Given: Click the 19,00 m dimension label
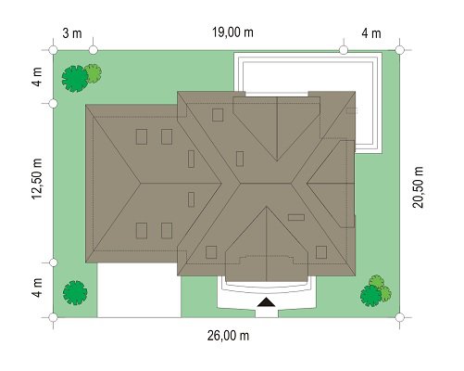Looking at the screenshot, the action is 232,32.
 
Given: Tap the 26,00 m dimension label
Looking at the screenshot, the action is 228,336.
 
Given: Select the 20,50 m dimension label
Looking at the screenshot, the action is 419,187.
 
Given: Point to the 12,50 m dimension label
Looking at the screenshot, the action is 37,179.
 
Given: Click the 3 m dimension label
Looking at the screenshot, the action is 72,33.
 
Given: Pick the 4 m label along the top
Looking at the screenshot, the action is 371,33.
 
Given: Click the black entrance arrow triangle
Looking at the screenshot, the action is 266,302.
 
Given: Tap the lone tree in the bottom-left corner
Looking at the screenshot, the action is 75,292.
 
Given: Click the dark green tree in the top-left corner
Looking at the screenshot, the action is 74,79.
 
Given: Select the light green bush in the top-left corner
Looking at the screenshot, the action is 94,73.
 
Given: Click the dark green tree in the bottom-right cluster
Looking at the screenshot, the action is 370,296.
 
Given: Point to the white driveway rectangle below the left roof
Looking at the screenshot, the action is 139,290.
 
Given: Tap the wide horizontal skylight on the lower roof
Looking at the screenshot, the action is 296,217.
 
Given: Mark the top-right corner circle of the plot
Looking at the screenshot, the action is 399,50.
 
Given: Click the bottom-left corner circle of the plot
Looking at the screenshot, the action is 53,317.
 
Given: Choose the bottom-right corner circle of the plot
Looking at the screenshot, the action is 399,317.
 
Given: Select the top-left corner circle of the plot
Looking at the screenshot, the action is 53,50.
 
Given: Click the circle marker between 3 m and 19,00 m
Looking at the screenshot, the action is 94,50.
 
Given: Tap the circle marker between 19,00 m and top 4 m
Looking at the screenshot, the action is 344,50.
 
